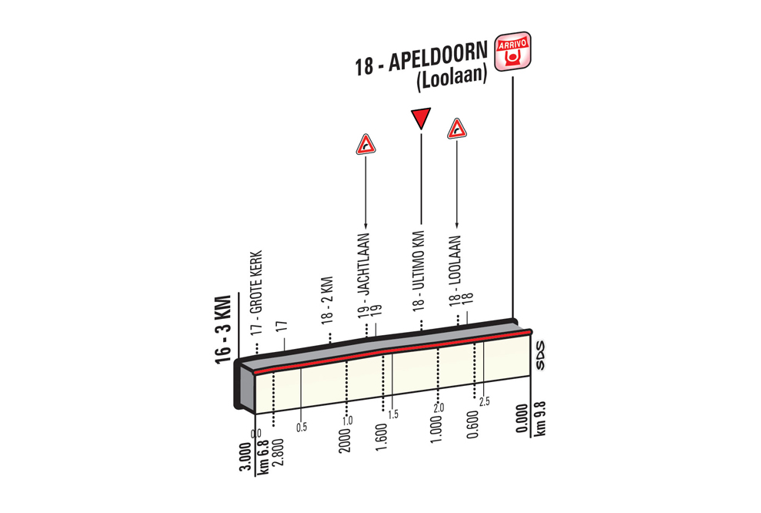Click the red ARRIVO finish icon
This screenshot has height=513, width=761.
point(512,51)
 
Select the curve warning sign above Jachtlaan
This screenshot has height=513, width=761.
point(365,145)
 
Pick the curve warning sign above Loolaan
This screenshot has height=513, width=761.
point(457,129)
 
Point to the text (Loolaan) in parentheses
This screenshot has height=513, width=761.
point(452,79)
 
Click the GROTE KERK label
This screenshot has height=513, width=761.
point(256,282)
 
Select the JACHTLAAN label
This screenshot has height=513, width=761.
point(363,264)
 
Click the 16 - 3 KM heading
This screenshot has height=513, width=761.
point(222,329)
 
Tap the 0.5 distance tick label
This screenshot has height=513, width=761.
point(302,427)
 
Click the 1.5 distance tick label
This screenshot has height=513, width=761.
point(393,414)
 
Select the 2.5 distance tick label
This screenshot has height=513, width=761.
point(484,401)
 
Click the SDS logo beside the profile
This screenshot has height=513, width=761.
point(540,356)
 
